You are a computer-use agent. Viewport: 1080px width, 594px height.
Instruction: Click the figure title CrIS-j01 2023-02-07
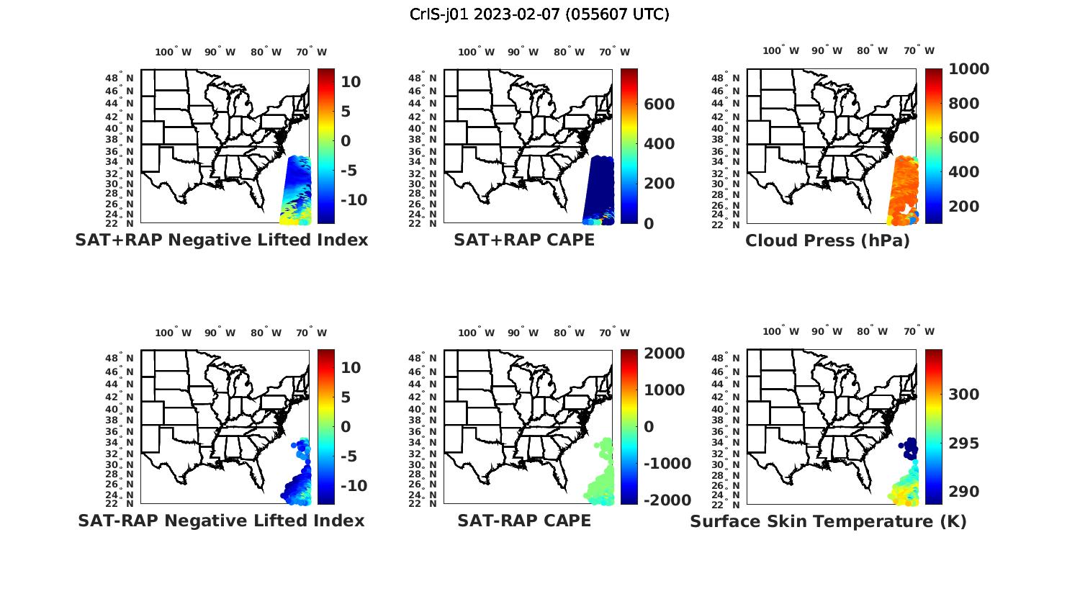click(539, 14)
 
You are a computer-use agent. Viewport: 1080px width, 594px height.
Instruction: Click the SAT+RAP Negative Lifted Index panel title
click(221, 240)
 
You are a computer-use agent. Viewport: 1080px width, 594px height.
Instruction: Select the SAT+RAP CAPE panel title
click(524, 240)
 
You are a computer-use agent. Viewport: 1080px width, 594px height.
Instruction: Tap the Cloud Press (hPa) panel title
click(827, 240)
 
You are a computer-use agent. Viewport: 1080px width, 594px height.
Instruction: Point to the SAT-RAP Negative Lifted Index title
click(221, 521)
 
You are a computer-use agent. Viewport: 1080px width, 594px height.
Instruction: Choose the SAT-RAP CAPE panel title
click(524, 521)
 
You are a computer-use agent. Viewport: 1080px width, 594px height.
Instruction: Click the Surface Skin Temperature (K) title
click(828, 521)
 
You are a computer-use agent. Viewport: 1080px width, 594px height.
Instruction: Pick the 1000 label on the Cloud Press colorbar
click(968, 69)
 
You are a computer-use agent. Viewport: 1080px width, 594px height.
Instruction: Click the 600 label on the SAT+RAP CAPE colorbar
click(660, 104)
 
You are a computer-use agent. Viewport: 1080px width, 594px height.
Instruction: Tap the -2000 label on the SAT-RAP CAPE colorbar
click(667, 500)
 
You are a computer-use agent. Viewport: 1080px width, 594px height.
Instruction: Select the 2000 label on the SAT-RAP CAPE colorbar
click(665, 354)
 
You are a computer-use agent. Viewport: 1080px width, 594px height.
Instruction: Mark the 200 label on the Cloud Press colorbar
click(964, 207)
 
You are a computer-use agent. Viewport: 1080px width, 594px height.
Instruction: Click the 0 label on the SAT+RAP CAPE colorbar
click(649, 224)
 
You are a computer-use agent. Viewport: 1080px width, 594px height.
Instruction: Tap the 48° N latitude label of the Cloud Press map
click(733, 78)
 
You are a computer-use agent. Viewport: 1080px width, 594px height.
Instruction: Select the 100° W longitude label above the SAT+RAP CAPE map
click(476, 52)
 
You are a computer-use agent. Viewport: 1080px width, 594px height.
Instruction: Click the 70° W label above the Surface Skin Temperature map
click(919, 50)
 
